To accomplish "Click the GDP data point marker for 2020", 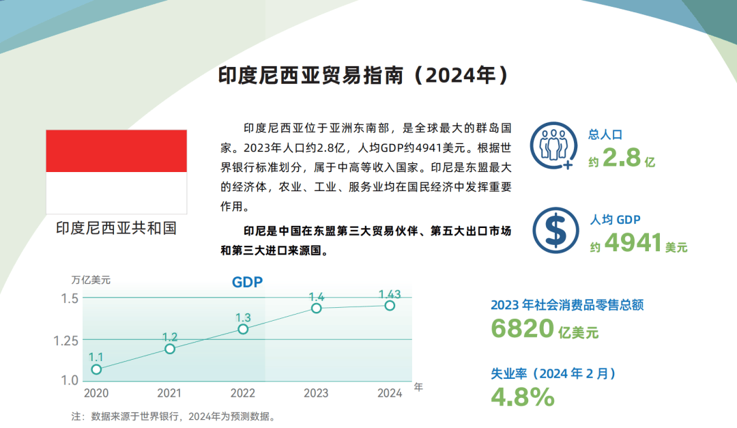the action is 96,369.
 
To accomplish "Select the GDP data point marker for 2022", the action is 243,329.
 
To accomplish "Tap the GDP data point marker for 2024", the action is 390,306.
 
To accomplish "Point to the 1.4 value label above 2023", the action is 317,297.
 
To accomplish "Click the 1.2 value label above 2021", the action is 170,337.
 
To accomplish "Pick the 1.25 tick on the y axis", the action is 66,341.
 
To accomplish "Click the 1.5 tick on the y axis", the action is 70,298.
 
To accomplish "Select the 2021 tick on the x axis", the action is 169,393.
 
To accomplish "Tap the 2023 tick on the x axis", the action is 316,393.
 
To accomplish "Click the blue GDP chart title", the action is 247,282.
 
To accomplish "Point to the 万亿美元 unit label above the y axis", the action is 91,280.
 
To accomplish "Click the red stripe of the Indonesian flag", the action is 117,151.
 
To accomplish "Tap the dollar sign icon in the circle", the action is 555,231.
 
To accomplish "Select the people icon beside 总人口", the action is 553,145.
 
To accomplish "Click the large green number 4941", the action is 633,243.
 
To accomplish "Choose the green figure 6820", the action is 522,328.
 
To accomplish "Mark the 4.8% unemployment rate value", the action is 523,397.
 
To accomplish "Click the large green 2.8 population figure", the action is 622,157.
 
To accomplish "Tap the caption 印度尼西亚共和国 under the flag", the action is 117,228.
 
